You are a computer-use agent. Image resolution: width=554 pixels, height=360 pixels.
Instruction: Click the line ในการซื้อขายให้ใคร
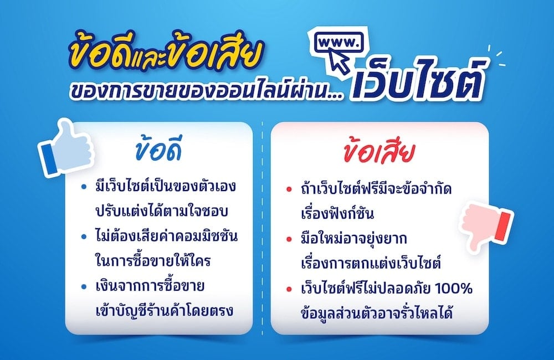150,261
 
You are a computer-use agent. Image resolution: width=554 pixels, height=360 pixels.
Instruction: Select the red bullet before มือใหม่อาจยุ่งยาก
289,239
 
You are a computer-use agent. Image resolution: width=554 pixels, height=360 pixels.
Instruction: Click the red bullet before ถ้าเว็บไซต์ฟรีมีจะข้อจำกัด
289,190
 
